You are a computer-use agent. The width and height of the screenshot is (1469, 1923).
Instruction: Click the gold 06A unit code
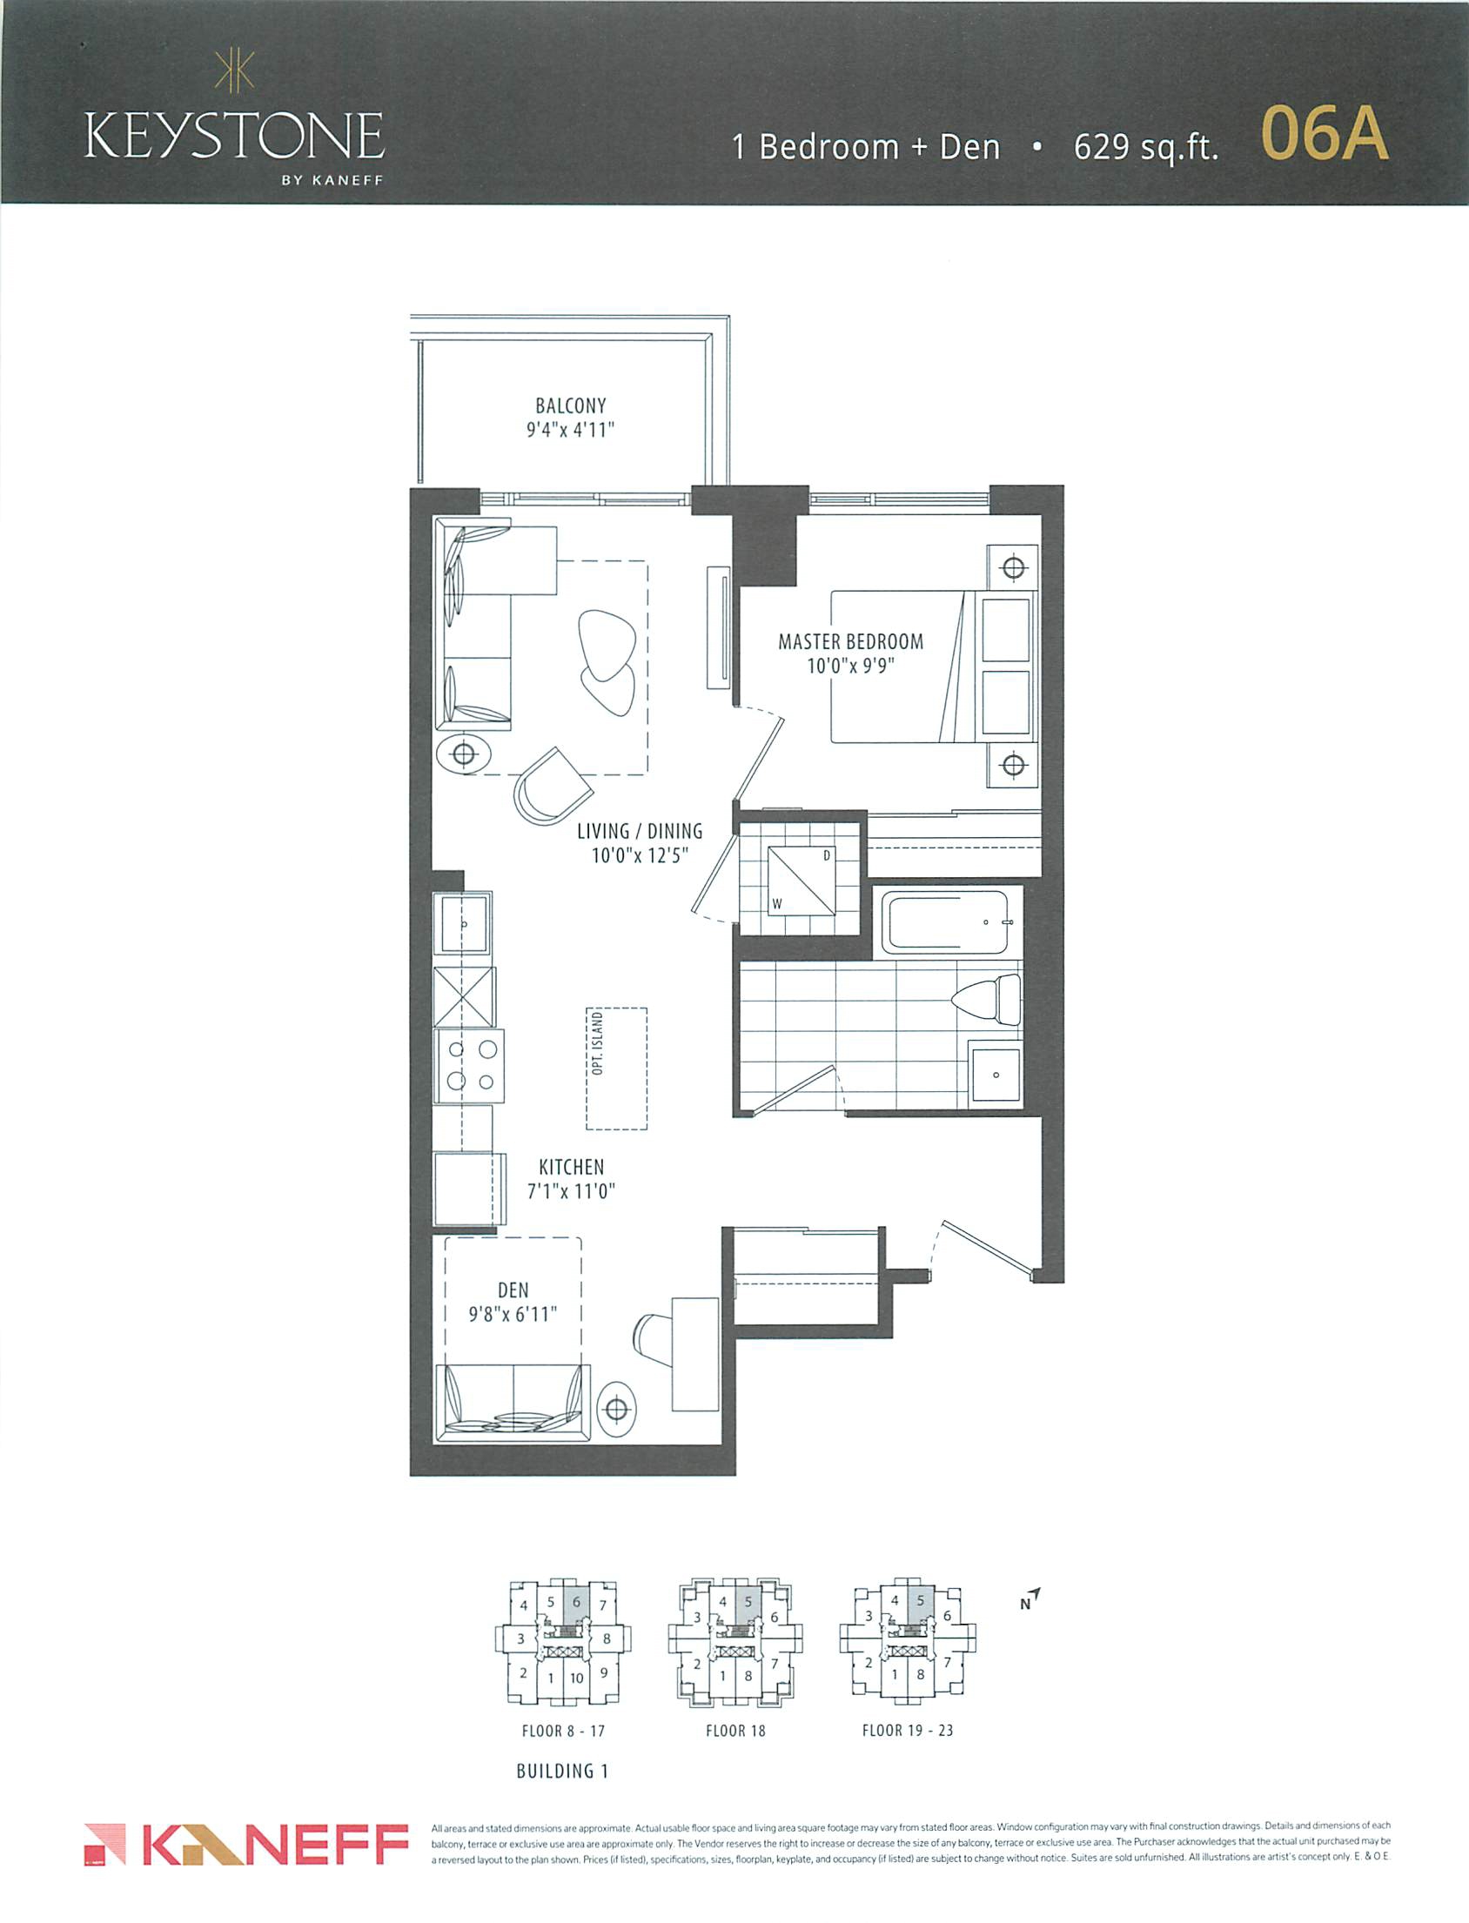pos(1325,136)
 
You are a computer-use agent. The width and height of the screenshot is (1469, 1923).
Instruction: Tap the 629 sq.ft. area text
pos(1145,147)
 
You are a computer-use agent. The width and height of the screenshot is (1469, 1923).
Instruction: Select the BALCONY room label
pos(571,405)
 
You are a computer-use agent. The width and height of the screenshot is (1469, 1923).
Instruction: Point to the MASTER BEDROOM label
pos(851,641)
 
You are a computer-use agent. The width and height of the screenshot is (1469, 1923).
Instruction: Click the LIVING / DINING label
pos(640,831)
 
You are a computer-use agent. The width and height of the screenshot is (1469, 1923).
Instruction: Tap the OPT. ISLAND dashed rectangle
pos(616,1069)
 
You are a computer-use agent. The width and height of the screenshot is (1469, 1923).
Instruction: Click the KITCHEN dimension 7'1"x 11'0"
pos(571,1190)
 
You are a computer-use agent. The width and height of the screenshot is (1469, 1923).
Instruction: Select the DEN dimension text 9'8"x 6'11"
pos(513,1314)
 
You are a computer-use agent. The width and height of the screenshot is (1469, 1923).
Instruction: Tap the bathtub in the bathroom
pos(946,922)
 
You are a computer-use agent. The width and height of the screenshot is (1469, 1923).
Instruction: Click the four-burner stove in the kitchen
pos(470,1066)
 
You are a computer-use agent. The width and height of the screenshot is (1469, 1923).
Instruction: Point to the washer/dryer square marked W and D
pos(801,881)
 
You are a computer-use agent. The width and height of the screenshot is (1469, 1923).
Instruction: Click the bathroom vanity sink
pos(995,1074)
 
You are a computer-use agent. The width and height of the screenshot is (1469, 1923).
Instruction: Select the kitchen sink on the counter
pos(464,922)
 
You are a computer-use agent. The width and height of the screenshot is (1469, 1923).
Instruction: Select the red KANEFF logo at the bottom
pos(247,1845)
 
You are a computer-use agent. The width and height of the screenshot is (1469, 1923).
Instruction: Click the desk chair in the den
pos(654,1335)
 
